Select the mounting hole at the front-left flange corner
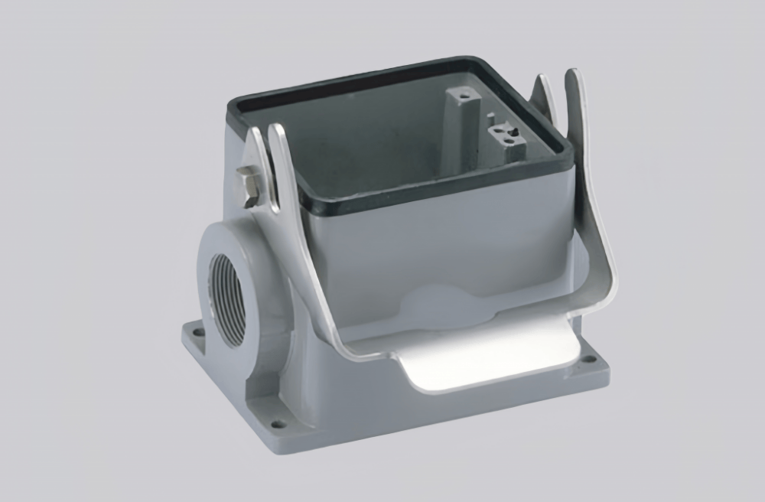click(x=278, y=422)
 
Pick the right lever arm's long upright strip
click(x=589, y=191)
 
